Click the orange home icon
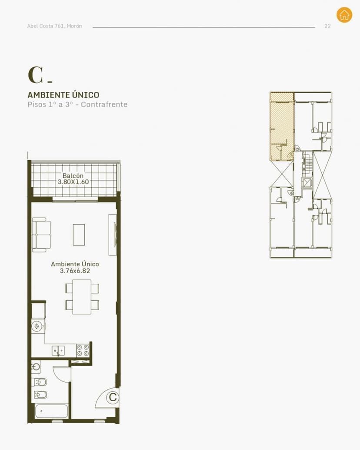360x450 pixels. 344,15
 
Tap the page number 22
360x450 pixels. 328,26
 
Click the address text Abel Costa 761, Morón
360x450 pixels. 54,26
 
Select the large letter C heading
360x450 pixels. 36,75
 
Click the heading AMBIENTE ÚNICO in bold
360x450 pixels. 63,95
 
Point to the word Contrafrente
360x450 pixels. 104,104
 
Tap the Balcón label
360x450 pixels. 73,176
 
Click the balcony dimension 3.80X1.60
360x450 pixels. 73,182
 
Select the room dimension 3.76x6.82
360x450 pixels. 75,271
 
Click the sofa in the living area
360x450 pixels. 41,235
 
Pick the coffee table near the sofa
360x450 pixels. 79,235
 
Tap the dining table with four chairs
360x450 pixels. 82,297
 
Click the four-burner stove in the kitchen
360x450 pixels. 83,350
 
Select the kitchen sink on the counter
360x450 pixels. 58,351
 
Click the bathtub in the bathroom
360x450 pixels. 52,411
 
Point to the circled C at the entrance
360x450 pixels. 113,397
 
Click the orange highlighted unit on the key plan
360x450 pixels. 282,126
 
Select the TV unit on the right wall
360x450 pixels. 113,235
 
